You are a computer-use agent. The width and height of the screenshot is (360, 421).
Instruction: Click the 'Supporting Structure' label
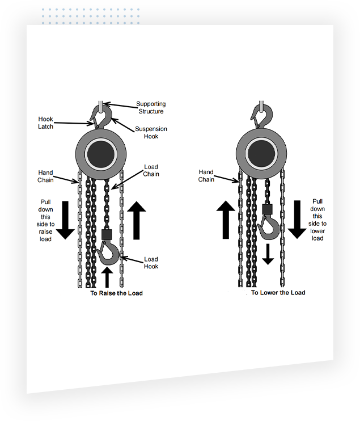(x=151, y=108)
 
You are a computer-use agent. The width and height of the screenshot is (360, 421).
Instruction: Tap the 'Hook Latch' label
(x=46, y=123)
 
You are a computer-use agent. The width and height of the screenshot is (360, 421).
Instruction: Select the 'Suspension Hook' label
(x=151, y=133)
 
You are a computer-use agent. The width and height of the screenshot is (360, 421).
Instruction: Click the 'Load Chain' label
(x=151, y=170)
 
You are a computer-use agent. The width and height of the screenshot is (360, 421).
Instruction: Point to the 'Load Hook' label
(x=151, y=263)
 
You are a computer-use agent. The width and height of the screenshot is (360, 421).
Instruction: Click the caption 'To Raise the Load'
(x=116, y=293)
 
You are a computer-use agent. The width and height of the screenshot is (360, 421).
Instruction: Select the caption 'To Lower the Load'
(x=278, y=293)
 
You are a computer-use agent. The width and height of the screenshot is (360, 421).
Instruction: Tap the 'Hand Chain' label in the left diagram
(x=46, y=176)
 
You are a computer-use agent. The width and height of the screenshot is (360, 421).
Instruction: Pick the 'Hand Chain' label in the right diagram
(x=206, y=176)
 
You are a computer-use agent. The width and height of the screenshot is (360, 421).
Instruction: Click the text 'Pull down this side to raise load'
(x=46, y=220)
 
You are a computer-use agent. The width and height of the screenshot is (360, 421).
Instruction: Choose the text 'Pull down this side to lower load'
(x=317, y=220)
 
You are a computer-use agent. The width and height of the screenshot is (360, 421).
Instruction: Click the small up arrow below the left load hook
(x=107, y=277)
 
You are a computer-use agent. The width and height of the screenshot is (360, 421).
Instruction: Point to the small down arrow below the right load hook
(x=268, y=254)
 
